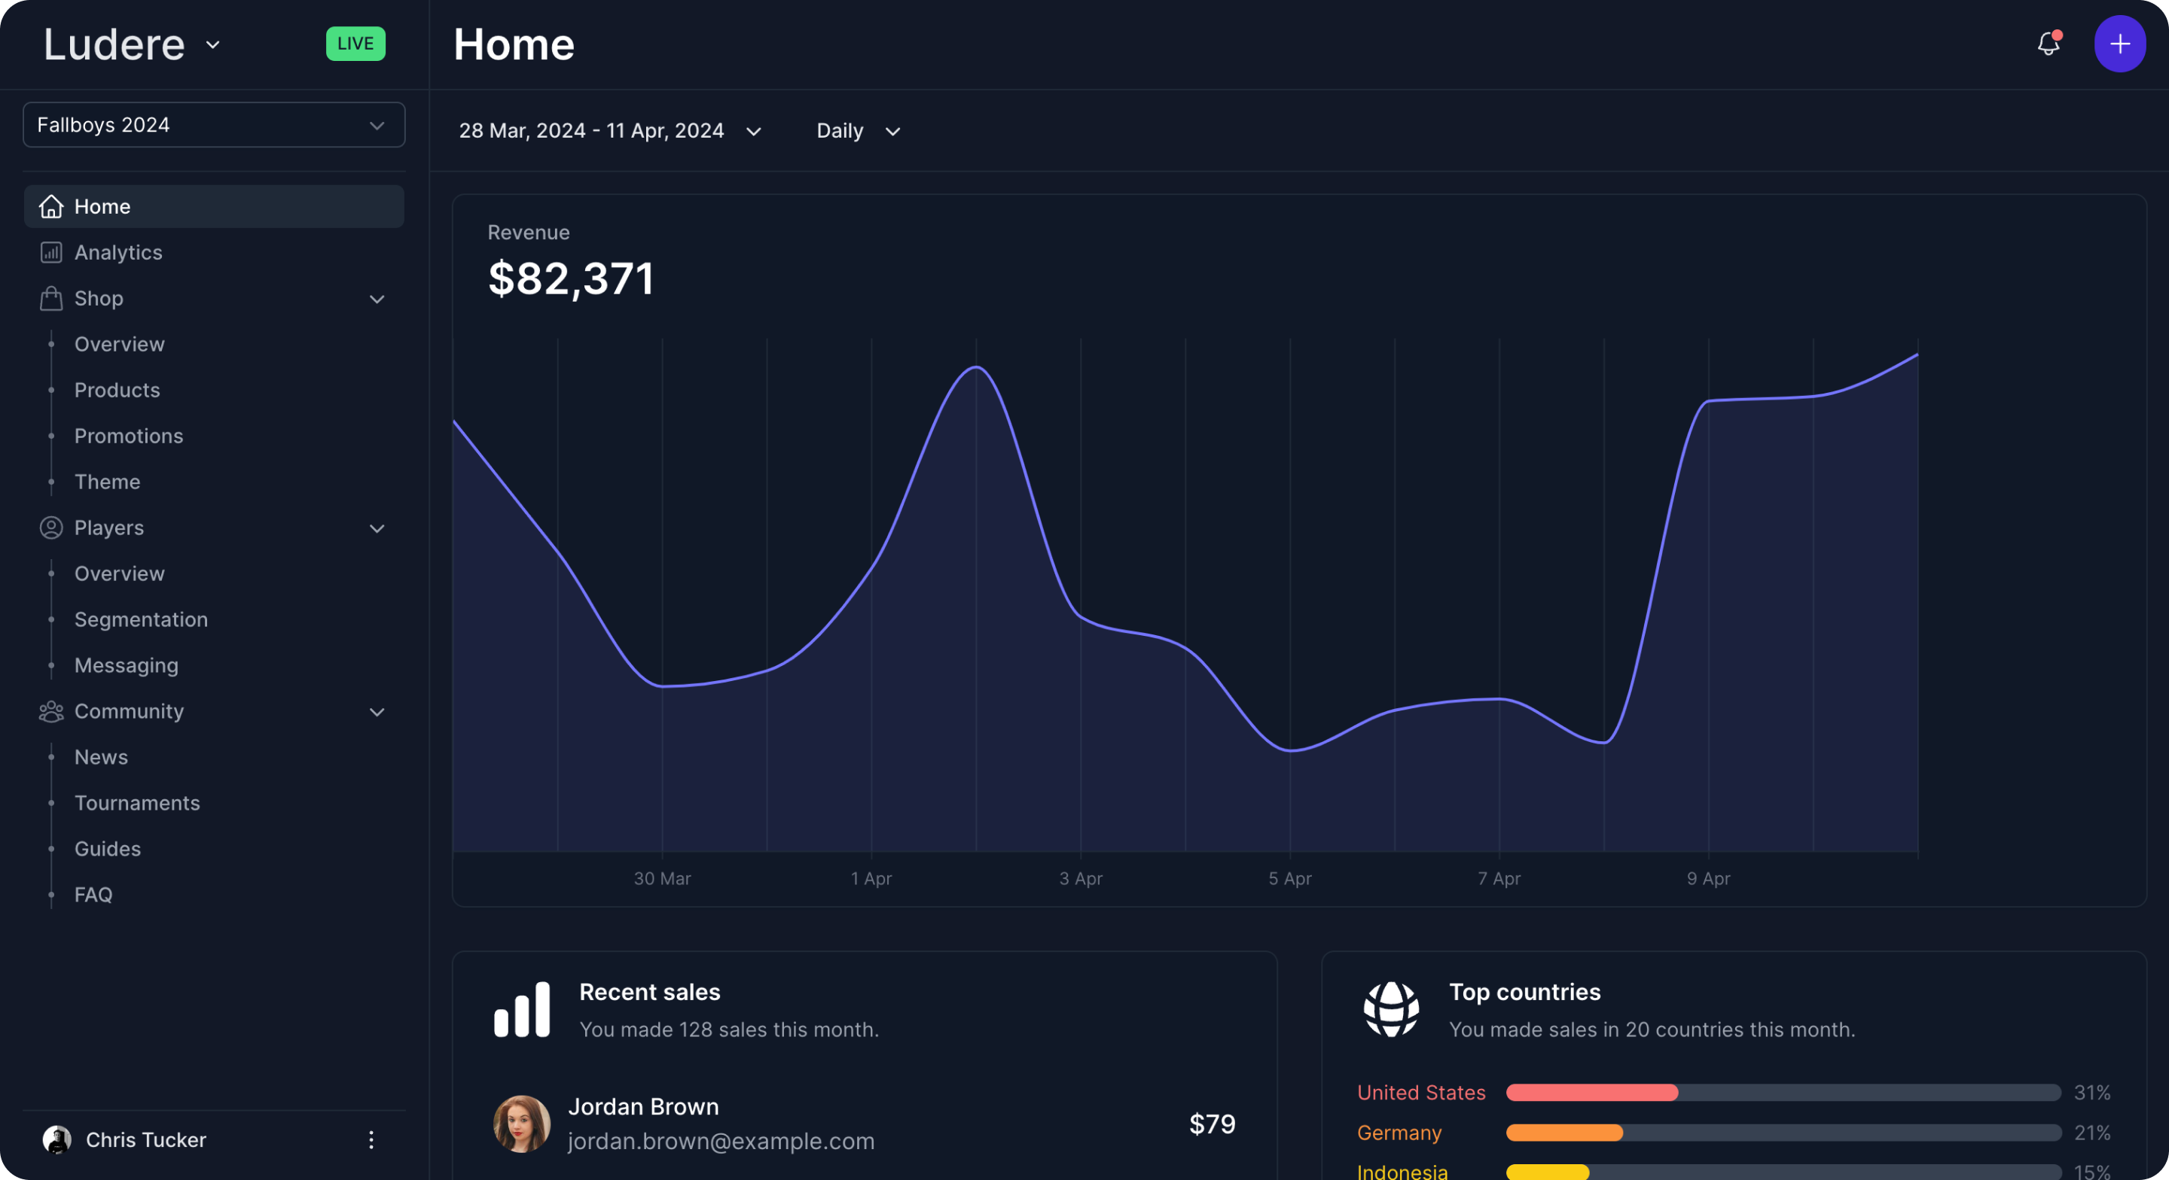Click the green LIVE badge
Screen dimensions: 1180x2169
(x=355, y=44)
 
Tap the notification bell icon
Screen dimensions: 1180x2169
(x=2048, y=44)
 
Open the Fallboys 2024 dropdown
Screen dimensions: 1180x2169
(x=214, y=125)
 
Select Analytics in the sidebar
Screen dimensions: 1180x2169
(x=118, y=253)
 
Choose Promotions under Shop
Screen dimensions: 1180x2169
(x=128, y=436)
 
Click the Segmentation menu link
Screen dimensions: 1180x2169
(x=141, y=619)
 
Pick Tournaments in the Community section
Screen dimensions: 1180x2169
(x=137, y=803)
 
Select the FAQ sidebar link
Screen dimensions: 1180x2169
(x=93, y=895)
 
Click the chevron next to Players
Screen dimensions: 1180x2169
(x=377, y=528)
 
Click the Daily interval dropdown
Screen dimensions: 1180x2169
(x=858, y=131)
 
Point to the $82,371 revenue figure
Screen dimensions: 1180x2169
(x=571, y=278)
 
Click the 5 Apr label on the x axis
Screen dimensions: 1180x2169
(x=1290, y=879)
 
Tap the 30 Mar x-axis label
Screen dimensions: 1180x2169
(x=662, y=879)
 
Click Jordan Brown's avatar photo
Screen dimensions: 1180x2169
(x=522, y=1124)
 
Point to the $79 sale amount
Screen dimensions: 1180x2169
(x=1212, y=1124)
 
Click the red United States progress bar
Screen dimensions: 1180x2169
(x=1591, y=1093)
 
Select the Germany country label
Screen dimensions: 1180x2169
(x=1399, y=1133)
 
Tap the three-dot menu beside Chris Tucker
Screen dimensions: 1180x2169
(x=371, y=1139)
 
